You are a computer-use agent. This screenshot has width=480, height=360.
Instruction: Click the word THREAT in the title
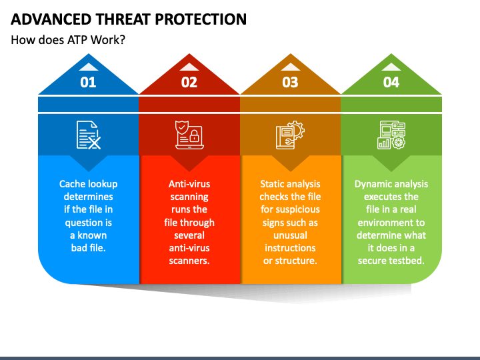(123, 19)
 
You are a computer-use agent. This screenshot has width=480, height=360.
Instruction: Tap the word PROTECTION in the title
(201, 19)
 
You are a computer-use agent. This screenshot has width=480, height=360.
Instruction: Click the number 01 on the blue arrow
(88, 82)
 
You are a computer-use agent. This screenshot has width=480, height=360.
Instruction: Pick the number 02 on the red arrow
(189, 82)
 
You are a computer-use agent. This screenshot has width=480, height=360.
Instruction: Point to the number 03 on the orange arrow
(290, 82)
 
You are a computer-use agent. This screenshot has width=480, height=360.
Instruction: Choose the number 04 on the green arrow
(391, 82)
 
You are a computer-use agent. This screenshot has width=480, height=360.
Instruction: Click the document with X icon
(89, 135)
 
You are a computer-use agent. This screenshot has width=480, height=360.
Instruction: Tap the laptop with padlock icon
(189, 135)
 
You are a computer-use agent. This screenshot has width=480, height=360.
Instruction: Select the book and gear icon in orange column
(290, 135)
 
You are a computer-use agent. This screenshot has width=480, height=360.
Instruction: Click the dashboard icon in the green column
(391, 135)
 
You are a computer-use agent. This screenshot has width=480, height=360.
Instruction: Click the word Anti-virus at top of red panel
(189, 184)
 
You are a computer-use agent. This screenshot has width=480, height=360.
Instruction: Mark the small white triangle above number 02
(189, 67)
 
